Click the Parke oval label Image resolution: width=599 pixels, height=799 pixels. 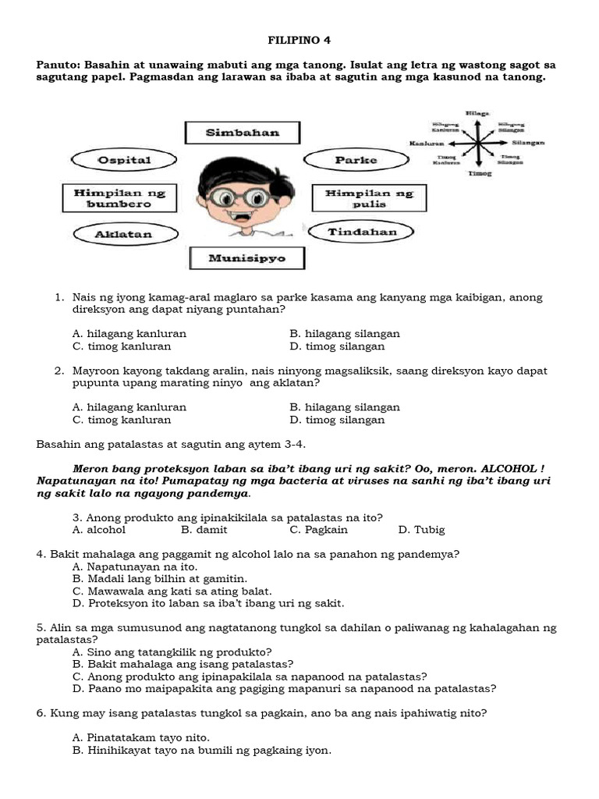(x=356, y=161)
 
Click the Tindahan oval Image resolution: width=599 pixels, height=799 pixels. (x=362, y=232)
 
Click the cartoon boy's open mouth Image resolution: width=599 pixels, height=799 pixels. (x=243, y=219)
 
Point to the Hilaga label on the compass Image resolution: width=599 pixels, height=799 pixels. (x=477, y=114)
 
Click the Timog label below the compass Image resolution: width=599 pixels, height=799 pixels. (x=480, y=173)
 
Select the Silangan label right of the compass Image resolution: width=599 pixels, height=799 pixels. (x=528, y=144)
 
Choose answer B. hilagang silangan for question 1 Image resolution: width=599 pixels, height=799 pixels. (x=344, y=333)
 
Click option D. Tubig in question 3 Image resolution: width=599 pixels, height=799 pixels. (x=421, y=530)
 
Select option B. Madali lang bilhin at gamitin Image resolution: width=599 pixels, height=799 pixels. (x=159, y=579)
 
